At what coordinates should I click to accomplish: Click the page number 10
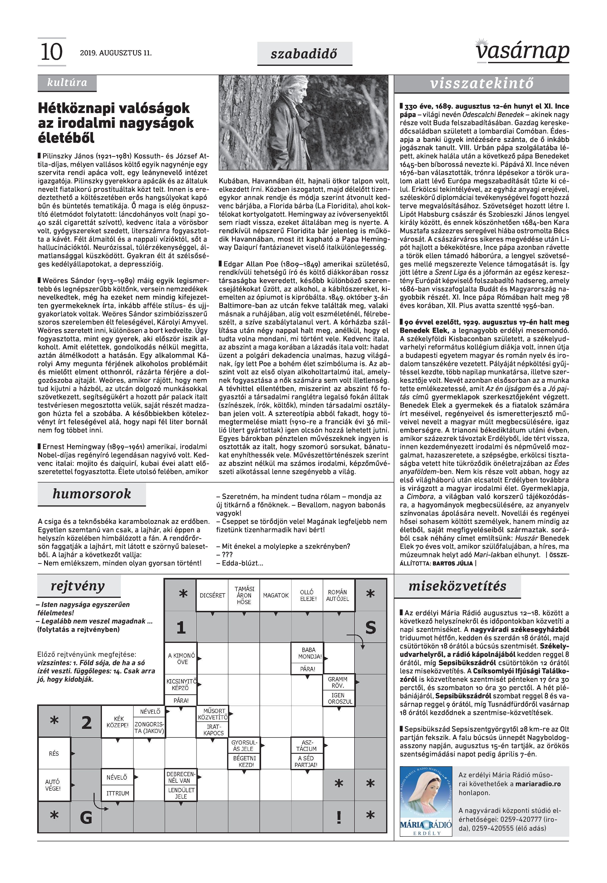tap(51, 52)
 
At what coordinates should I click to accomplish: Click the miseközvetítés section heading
tap(457, 586)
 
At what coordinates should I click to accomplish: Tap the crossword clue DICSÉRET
tap(212, 595)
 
